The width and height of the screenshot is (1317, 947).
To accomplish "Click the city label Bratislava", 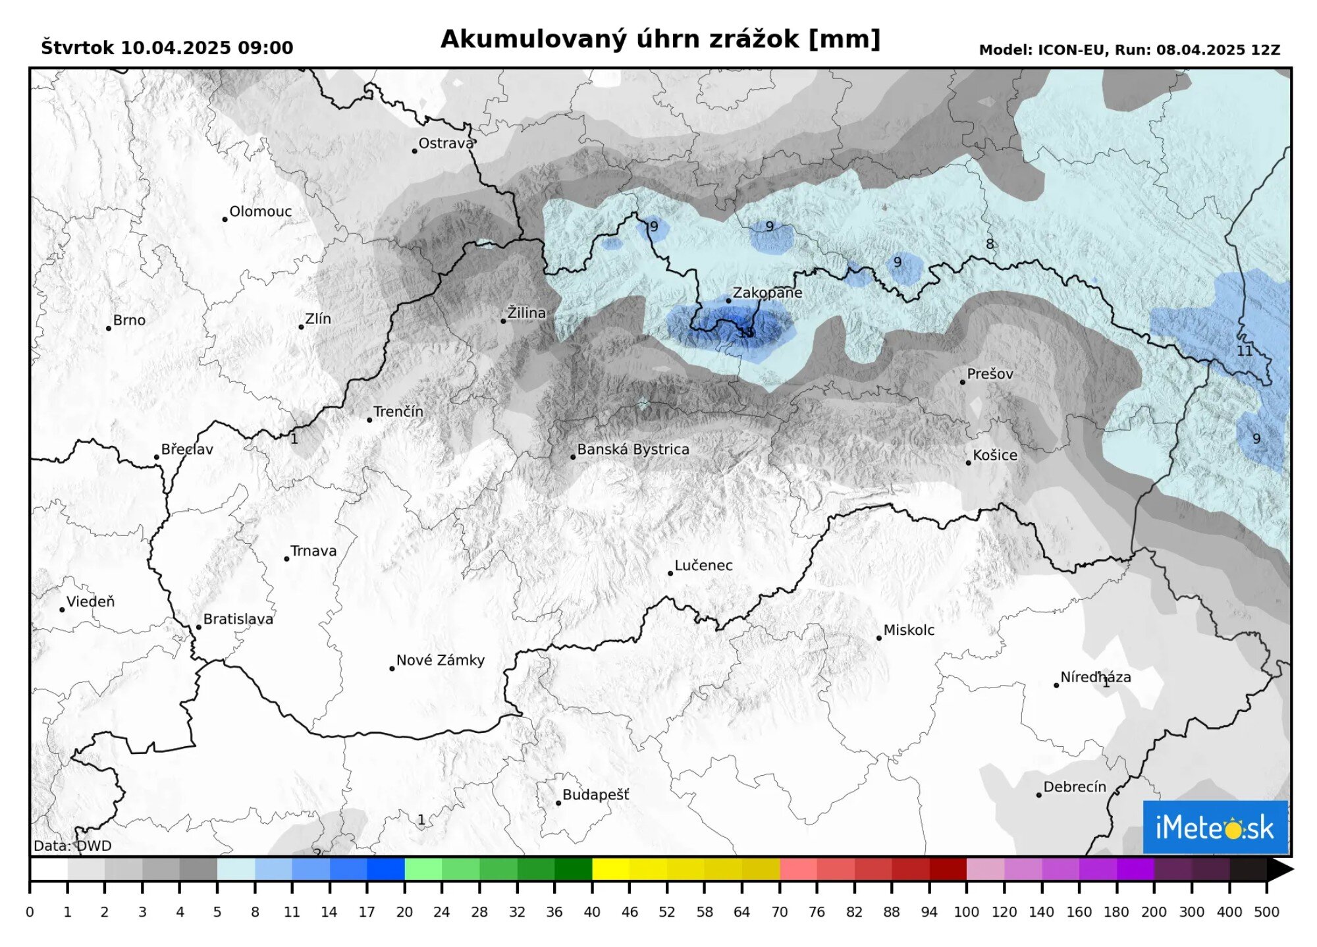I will point(238,620).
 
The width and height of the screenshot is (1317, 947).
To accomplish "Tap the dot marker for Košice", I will point(968,463).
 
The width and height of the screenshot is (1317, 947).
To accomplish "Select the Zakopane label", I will point(767,293).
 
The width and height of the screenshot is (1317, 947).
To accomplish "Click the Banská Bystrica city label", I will point(633,450).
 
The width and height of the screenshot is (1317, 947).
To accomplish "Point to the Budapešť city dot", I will point(558,803).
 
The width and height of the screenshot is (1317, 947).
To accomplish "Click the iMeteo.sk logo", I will point(1215,827).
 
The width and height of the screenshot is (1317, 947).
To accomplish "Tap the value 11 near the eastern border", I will point(1244,351).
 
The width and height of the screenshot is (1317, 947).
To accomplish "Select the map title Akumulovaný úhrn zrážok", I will point(660,40).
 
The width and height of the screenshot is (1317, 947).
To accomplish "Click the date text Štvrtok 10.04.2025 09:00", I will point(167,48).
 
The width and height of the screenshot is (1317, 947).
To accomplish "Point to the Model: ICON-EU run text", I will point(1129,50).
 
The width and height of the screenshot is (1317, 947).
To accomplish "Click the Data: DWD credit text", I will point(72,846).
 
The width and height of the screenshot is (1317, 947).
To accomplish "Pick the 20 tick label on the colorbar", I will point(404,913).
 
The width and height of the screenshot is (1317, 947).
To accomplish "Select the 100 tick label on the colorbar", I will point(967,913).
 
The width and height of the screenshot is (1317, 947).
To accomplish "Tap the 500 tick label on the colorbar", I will point(1266,913).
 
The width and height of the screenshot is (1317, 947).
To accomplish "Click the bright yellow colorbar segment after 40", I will point(610,869).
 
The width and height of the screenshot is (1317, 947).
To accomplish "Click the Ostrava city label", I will point(446,144).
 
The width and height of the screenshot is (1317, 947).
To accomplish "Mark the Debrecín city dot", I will point(1039,796).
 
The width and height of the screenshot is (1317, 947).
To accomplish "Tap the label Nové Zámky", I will point(440,661).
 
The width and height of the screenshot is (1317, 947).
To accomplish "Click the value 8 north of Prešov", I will point(989,244).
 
